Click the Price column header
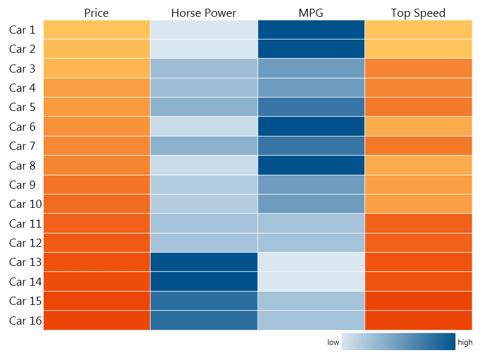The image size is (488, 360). pyautogui.click(x=96, y=13)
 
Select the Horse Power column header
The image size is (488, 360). pyautogui.click(x=204, y=13)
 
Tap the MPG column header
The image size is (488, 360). pyautogui.click(x=311, y=13)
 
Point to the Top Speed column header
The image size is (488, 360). pyautogui.click(x=418, y=13)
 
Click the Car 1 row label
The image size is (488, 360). pyautogui.click(x=22, y=30)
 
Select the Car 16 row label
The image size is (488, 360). pyautogui.click(x=26, y=320)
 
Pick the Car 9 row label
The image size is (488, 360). pyautogui.click(x=22, y=185)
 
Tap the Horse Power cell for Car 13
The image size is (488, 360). pyautogui.click(x=204, y=262)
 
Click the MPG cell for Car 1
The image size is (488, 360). pyautogui.click(x=311, y=30)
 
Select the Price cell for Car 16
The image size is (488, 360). pyautogui.click(x=96, y=320)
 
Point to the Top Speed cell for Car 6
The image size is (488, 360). pyautogui.click(x=418, y=127)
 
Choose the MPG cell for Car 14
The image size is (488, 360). pyautogui.click(x=311, y=282)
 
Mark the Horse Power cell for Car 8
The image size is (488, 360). pyautogui.click(x=204, y=165)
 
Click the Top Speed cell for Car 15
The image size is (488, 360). pyautogui.click(x=418, y=301)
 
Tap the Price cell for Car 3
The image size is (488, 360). pyautogui.click(x=96, y=69)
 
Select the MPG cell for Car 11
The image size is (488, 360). pyautogui.click(x=311, y=224)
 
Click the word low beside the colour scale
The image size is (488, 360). pyautogui.click(x=333, y=343)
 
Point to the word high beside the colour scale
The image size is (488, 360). pyautogui.click(x=465, y=343)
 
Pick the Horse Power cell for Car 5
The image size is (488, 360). pyautogui.click(x=204, y=107)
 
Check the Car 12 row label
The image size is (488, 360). pyautogui.click(x=26, y=243)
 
